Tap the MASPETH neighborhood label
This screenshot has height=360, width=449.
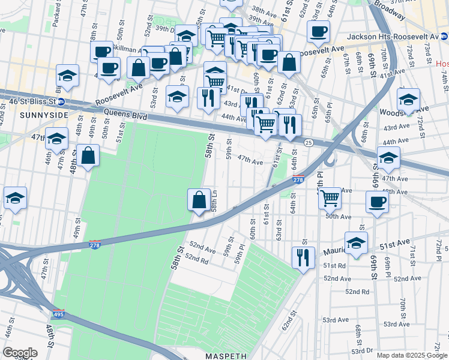223,356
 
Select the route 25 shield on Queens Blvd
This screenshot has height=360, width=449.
308,142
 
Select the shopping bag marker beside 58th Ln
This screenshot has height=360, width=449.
199,200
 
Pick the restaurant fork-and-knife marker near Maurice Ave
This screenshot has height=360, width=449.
303,257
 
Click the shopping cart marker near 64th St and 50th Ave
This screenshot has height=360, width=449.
330,197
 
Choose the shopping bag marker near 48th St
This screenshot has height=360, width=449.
88,155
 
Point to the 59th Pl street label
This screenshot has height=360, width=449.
241,254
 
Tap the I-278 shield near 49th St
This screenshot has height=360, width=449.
94,243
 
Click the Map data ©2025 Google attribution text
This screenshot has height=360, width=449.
412,355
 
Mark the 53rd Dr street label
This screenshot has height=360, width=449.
363,350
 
